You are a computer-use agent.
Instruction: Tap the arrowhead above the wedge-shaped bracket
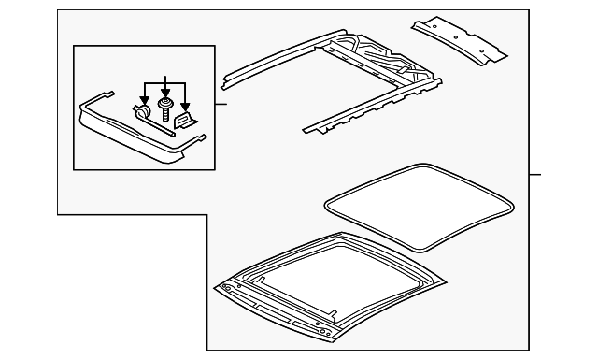pos(186,105)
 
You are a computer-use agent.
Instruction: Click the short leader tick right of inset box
pos(221,103)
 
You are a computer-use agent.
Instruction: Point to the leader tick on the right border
pos(534,175)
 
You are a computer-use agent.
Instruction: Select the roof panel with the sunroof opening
pos(327,290)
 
